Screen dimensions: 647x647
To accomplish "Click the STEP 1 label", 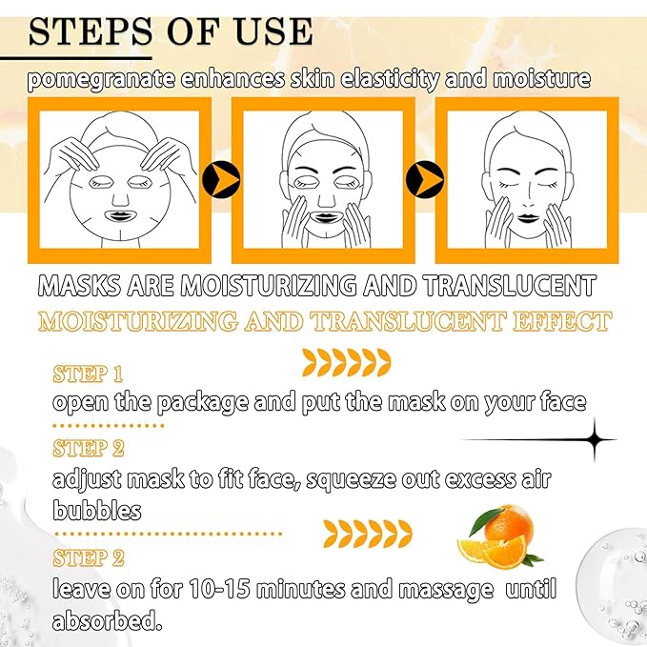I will pyautogui.click(x=88, y=373).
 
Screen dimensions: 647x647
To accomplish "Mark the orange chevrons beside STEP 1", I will pyautogui.click(x=346, y=360).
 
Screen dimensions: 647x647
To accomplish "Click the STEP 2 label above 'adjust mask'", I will pyautogui.click(x=88, y=448).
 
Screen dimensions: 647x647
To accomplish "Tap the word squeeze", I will pyautogui.click(x=356, y=479).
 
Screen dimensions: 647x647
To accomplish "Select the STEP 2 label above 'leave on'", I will pyautogui.click(x=88, y=556).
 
